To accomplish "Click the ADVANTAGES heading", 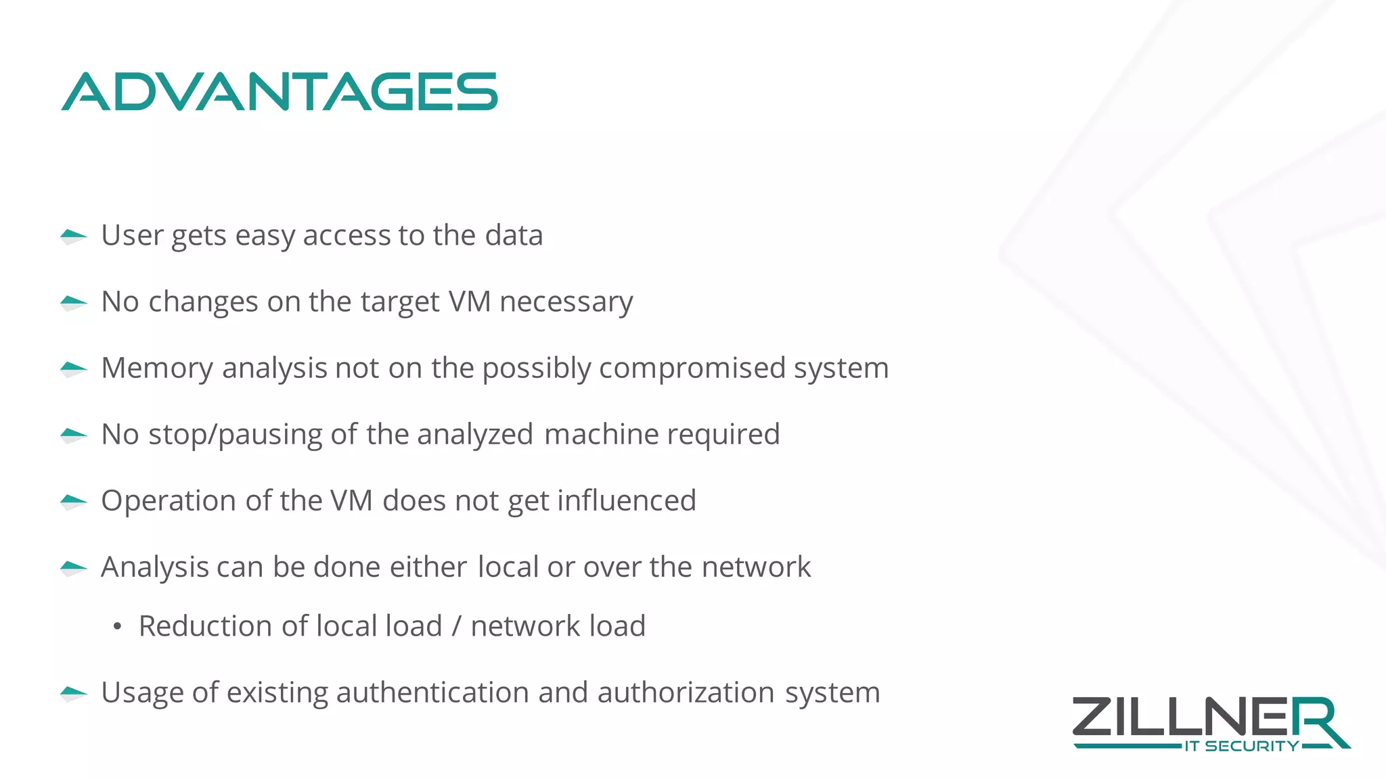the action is click(280, 92).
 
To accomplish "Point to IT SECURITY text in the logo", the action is click(1241, 747).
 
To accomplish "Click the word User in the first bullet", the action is click(132, 235).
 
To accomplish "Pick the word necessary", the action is click(566, 302).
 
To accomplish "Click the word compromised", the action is click(692, 368).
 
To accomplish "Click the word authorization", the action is click(686, 692).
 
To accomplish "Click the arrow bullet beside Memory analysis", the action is click(73, 369).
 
